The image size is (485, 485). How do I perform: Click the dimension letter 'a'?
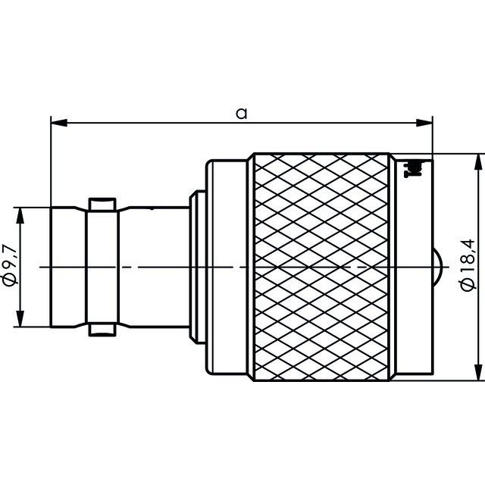point(241,114)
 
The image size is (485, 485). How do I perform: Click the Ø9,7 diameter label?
point(10,265)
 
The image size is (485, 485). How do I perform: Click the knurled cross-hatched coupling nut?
point(322,265)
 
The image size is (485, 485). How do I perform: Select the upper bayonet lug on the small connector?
point(102,204)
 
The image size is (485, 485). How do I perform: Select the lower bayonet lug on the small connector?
point(102,330)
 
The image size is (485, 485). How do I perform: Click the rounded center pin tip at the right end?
point(437,267)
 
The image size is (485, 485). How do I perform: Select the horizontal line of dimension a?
point(152,122)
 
